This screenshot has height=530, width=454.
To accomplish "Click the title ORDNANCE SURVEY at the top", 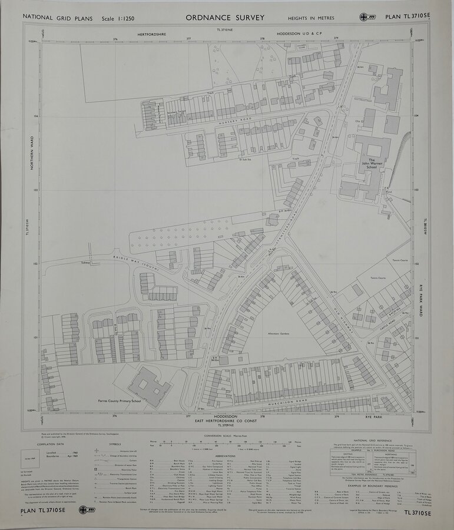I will click(x=225, y=18).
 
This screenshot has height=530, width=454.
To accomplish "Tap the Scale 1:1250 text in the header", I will click(x=118, y=19).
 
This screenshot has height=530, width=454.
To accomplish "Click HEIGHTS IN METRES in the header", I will click(x=311, y=18).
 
